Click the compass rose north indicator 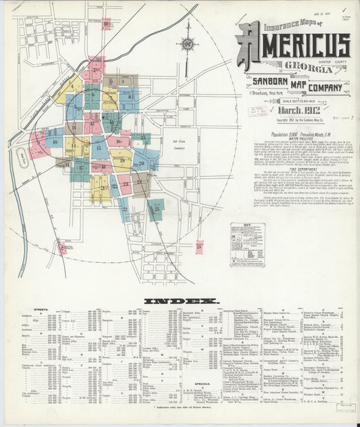187,44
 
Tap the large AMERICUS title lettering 294,45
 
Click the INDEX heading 180,300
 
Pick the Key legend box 247,244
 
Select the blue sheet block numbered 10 54,141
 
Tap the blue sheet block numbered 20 143,163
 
